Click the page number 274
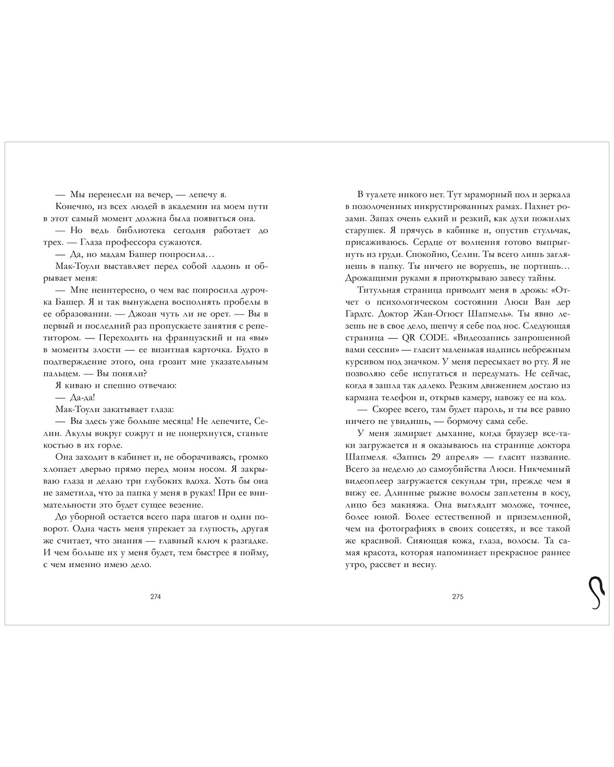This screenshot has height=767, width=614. (155, 597)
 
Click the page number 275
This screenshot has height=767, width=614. (458, 597)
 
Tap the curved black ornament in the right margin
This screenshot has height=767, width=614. (595, 593)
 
